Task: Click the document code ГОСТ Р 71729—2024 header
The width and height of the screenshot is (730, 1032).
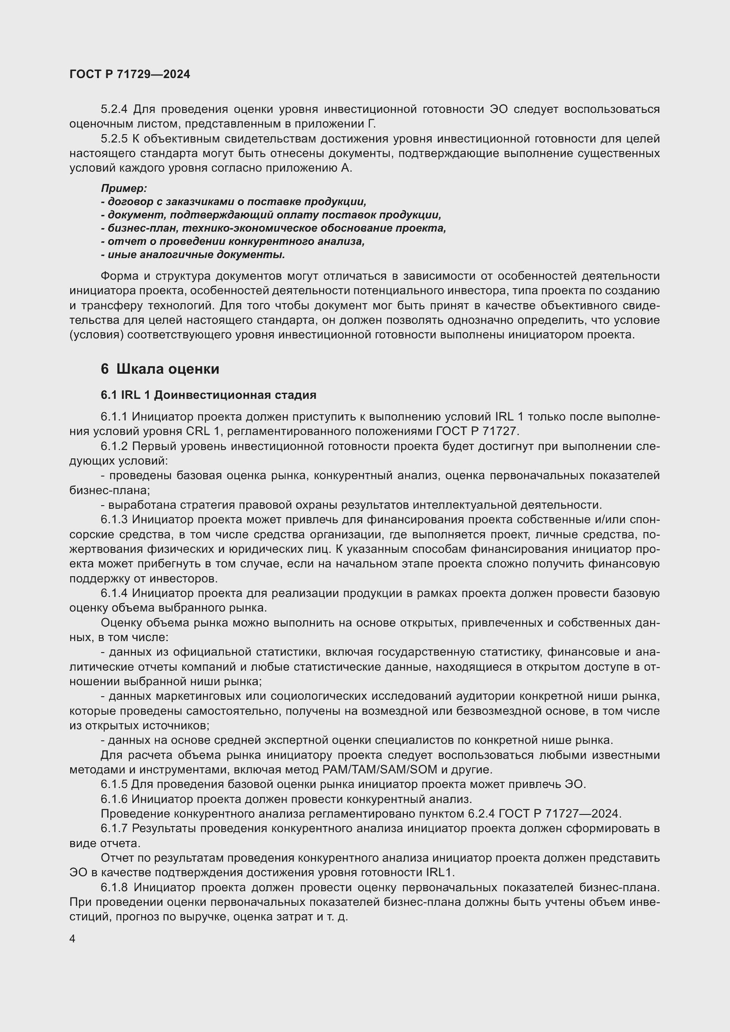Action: (x=130, y=74)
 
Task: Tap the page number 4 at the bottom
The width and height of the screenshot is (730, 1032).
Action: (x=72, y=939)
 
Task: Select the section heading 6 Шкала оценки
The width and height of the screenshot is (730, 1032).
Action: (x=160, y=369)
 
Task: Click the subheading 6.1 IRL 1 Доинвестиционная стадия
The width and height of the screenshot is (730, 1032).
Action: (x=209, y=395)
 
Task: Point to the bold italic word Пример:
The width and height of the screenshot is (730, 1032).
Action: (x=124, y=189)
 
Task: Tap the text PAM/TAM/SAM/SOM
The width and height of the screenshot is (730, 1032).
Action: (x=380, y=769)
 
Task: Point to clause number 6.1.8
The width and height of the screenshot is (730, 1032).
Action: (x=114, y=887)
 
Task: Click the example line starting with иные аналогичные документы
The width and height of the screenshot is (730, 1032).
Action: (x=193, y=255)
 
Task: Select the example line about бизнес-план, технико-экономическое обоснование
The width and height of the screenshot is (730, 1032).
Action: (x=273, y=229)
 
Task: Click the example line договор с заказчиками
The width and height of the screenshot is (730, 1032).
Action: (x=234, y=202)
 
